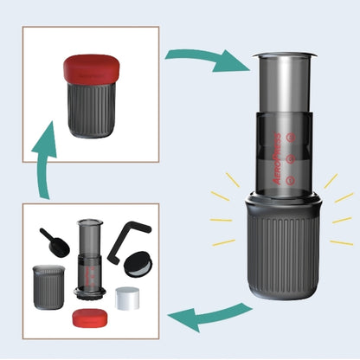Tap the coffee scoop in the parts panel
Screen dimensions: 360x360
[55, 241]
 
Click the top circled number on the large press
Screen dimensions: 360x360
[292, 136]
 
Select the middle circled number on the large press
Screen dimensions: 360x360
[291, 158]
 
